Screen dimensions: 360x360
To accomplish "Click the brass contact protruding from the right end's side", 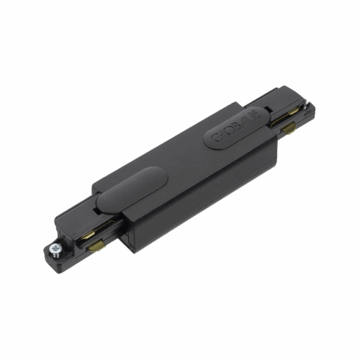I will (x=291, y=130).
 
